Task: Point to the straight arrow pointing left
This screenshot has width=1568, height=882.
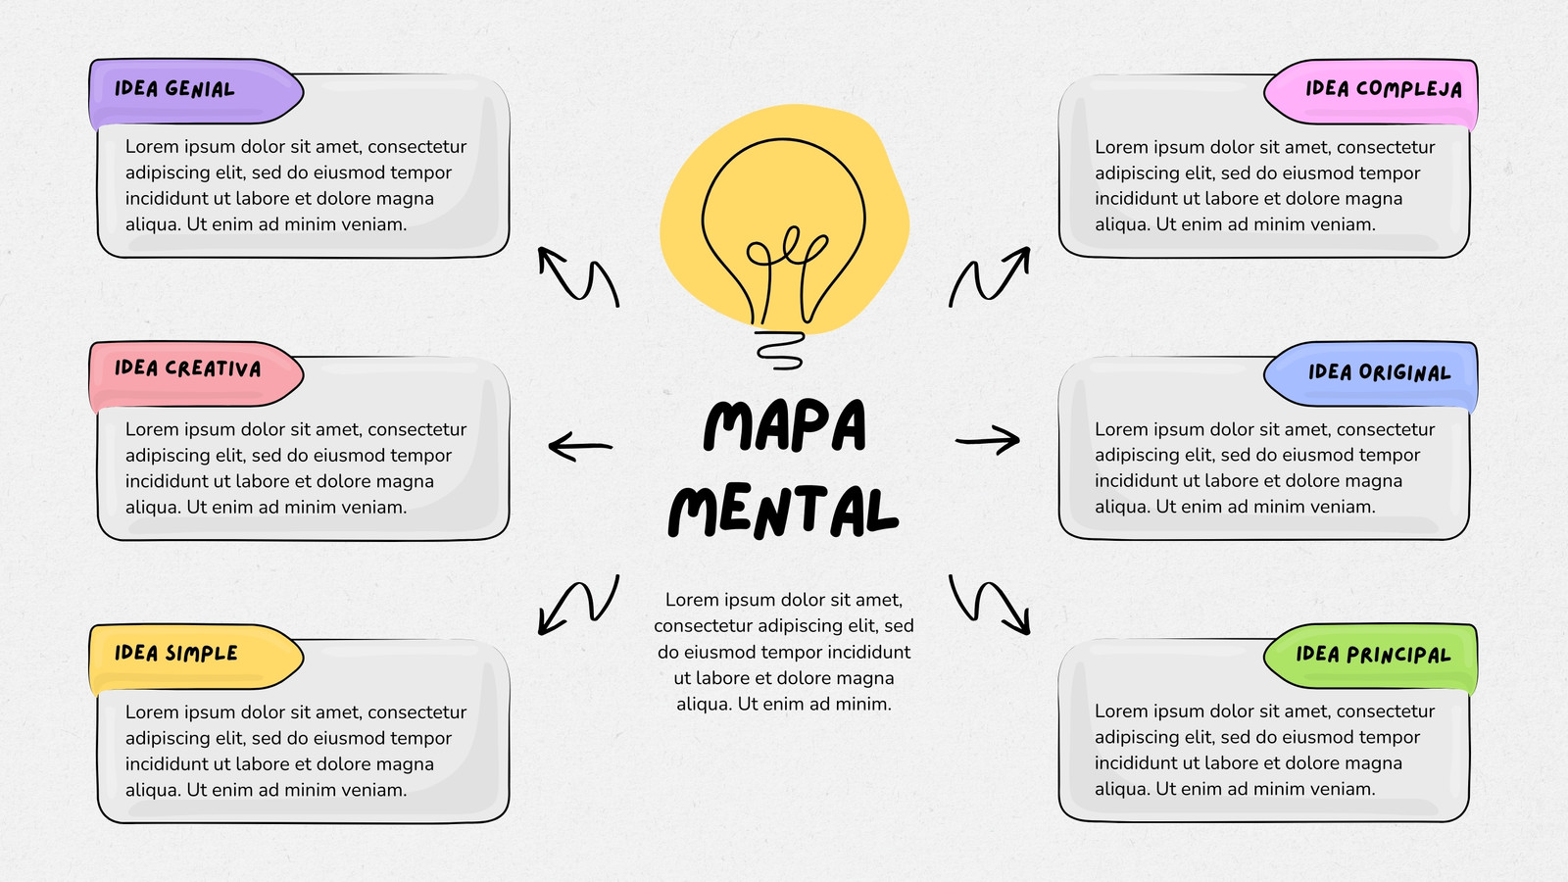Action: point(580,446)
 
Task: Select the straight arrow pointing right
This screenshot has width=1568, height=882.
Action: point(988,440)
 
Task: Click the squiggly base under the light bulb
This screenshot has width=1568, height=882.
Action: point(780,350)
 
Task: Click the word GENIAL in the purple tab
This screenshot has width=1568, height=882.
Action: point(200,89)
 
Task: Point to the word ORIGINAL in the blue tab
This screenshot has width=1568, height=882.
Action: point(1404,371)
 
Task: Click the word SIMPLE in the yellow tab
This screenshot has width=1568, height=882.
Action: point(202,653)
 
